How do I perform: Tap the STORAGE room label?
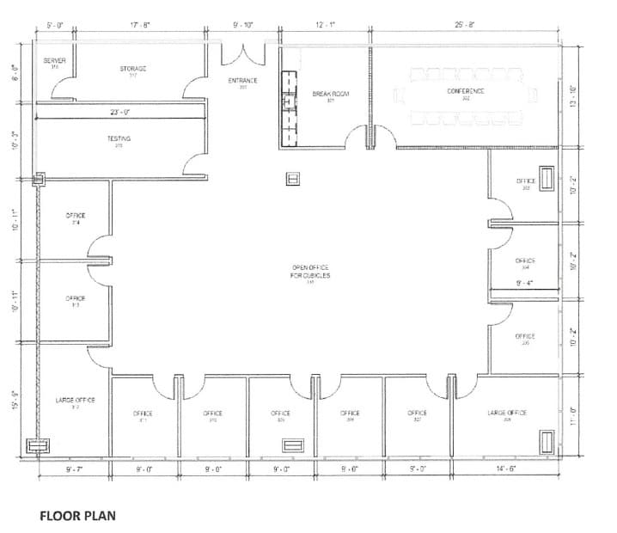click(x=133, y=70)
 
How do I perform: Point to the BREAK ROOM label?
click(x=330, y=94)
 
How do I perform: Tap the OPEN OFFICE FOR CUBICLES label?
click(x=310, y=271)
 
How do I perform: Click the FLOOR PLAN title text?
click(x=77, y=517)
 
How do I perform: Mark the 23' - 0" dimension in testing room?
click(x=119, y=113)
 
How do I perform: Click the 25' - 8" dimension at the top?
click(x=465, y=25)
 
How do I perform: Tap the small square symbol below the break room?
click(x=292, y=179)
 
